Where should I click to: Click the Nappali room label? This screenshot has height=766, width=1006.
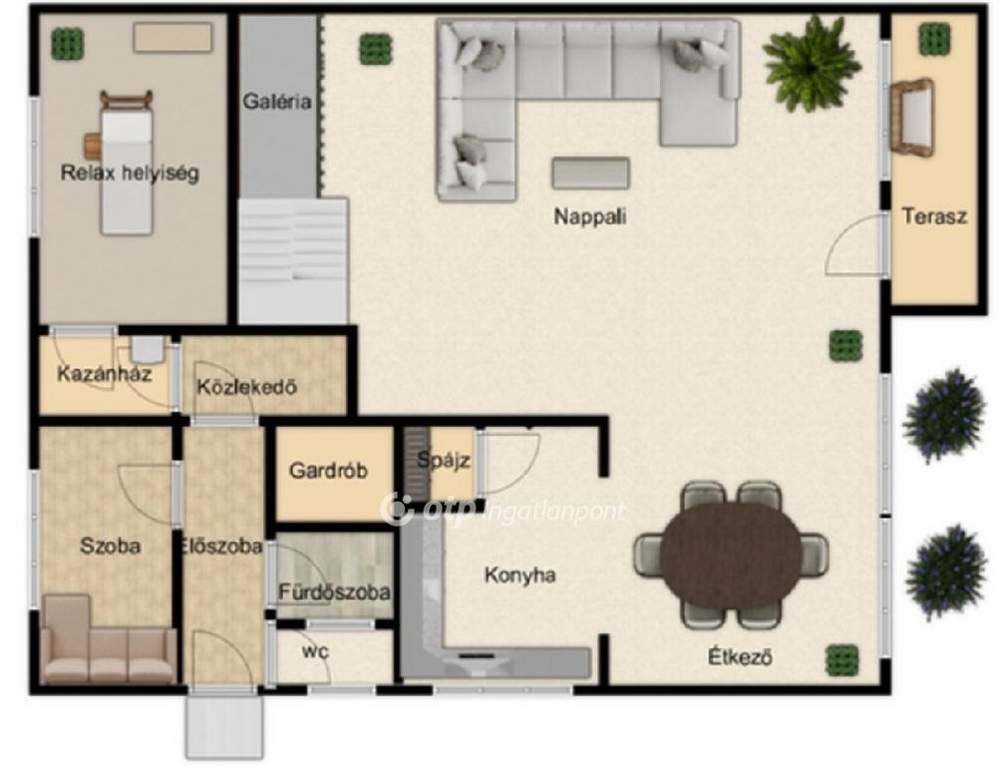pyautogui.click(x=589, y=216)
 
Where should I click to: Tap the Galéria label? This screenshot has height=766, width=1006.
pyautogui.click(x=277, y=102)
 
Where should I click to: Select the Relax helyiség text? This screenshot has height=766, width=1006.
pyautogui.click(x=130, y=173)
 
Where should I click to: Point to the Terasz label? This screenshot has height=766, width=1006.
pyautogui.click(x=934, y=215)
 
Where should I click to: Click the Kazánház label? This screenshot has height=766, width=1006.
pyautogui.click(x=104, y=374)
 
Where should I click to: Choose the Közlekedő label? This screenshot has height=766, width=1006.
pyautogui.click(x=247, y=387)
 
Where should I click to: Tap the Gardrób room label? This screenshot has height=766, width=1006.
pyautogui.click(x=328, y=471)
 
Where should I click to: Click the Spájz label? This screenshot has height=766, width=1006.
pyautogui.click(x=444, y=461)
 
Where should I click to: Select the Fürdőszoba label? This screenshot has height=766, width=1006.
pyautogui.click(x=334, y=591)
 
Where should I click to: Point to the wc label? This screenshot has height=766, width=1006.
pyautogui.click(x=316, y=651)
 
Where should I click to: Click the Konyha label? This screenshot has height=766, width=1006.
pyautogui.click(x=519, y=574)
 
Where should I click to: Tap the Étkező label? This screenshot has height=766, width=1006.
pyautogui.click(x=740, y=657)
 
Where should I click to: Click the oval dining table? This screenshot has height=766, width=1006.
pyautogui.click(x=732, y=555)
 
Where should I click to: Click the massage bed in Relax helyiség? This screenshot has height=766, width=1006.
pyautogui.click(x=127, y=164)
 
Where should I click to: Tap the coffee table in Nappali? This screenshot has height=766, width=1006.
pyautogui.click(x=591, y=174)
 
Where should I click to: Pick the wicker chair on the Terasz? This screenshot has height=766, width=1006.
pyautogui.click(x=911, y=117)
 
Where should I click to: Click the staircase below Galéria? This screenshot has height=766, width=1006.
pyautogui.click(x=293, y=260)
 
